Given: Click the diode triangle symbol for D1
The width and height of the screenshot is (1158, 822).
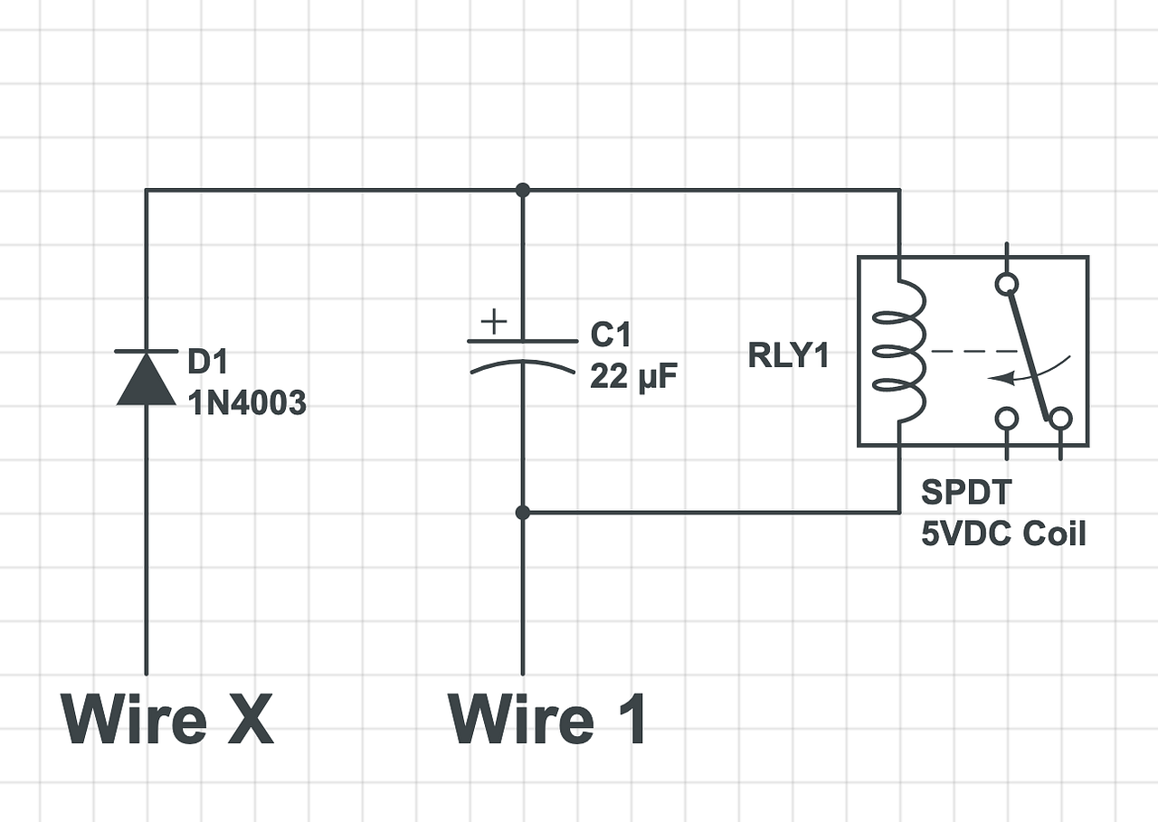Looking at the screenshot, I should pyautogui.click(x=147, y=378).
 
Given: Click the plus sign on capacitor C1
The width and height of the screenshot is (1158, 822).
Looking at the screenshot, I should pyautogui.click(x=494, y=322).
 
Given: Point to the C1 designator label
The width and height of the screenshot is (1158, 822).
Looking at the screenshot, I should pyautogui.click(x=610, y=335).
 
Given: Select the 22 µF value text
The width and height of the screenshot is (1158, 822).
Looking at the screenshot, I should pyautogui.click(x=632, y=376).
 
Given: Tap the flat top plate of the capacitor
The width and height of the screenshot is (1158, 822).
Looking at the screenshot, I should pyautogui.click(x=522, y=342).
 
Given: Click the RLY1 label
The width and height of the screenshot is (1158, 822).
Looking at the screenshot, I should pyautogui.click(x=789, y=355).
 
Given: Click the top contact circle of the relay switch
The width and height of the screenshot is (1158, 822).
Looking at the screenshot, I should pyautogui.click(x=1006, y=285).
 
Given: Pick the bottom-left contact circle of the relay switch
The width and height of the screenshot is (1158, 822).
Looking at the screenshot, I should pyautogui.click(x=1006, y=419).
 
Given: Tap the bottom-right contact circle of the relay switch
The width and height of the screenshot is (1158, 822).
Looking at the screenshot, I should pyautogui.click(x=1060, y=419).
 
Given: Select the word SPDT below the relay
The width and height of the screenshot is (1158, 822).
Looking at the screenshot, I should pyautogui.click(x=966, y=493).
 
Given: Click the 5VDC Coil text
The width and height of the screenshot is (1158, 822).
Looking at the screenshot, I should pyautogui.click(x=1003, y=534).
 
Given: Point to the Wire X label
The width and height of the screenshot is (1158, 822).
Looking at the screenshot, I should pyautogui.click(x=167, y=719).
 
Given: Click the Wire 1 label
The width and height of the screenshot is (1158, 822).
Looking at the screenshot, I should pyautogui.click(x=548, y=719).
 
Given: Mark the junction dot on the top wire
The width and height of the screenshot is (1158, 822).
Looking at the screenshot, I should pyautogui.click(x=522, y=190).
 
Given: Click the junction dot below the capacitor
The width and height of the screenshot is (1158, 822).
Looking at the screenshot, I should pyautogui.click(x=522, y=513).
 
